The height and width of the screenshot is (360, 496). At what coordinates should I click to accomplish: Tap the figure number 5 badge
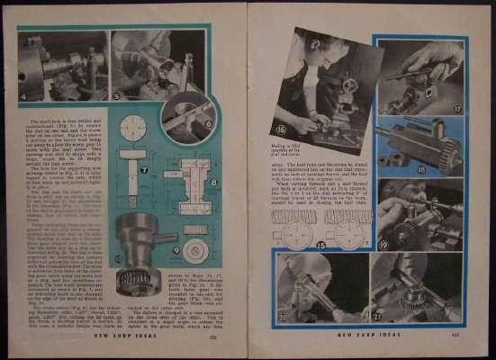pos(117,95)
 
